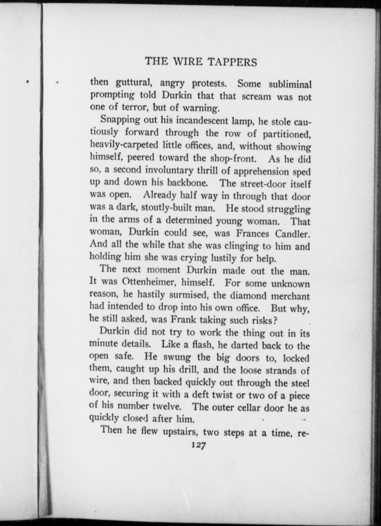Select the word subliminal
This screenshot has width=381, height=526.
click(290, 84)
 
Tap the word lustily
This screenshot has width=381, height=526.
click(224, 258)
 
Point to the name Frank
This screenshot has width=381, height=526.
click(183, 320)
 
